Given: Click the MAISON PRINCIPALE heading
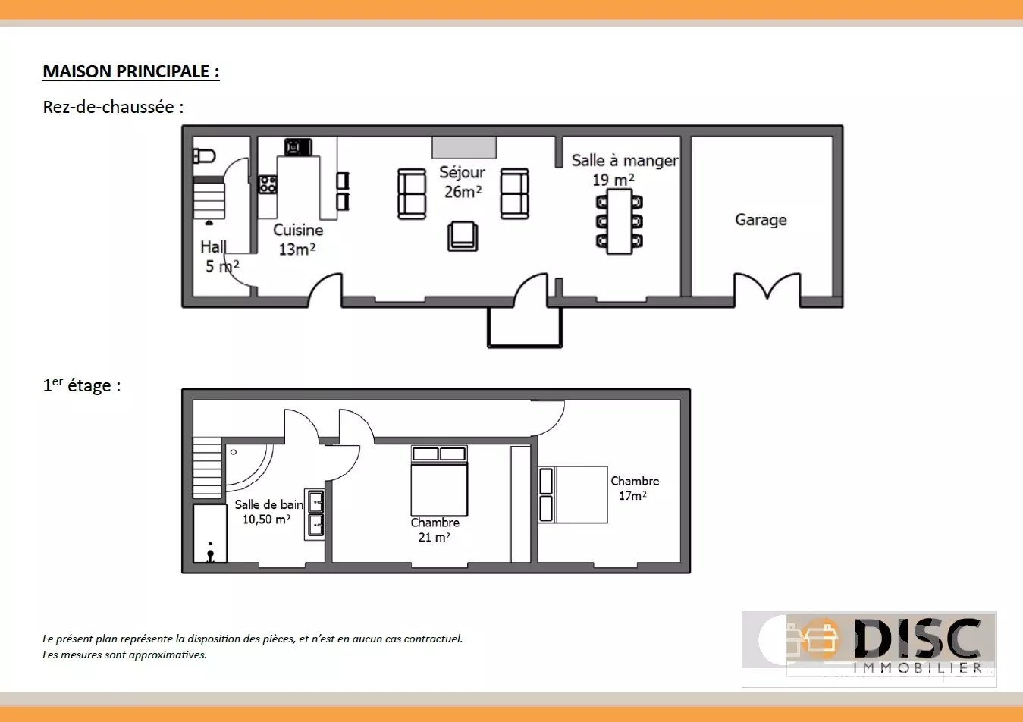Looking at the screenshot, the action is (x=130, y=72).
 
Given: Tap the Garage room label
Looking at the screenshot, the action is (x=761, y=220).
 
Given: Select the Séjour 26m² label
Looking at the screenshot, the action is (x=462, y=182).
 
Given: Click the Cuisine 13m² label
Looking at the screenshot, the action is (x=298, y=240).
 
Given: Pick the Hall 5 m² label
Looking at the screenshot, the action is (x=220, y=256).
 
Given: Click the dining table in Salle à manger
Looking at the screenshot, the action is (x=620, y=221).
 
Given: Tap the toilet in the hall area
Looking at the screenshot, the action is (x=204, y=156).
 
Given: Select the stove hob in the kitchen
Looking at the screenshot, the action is (x=268, y=184).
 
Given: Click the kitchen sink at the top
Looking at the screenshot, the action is (x=298, y=147).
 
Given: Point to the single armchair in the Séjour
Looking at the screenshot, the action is (x=463, y=237).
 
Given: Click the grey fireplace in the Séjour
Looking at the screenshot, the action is (x=464, y=147).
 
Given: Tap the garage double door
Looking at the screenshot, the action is (x=767, y=286).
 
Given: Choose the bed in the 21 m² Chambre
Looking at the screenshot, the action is (x=439, y=481).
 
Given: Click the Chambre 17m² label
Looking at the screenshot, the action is (x=634, y=488).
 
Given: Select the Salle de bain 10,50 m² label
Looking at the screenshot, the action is (x=268, y=512).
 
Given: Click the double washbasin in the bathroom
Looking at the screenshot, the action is (x=315, y=513).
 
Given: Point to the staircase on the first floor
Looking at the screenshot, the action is (x=207, y=467).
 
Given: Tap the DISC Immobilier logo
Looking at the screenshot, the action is (x=869, y=648).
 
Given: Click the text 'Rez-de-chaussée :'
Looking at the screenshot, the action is (x=113, y=108).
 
